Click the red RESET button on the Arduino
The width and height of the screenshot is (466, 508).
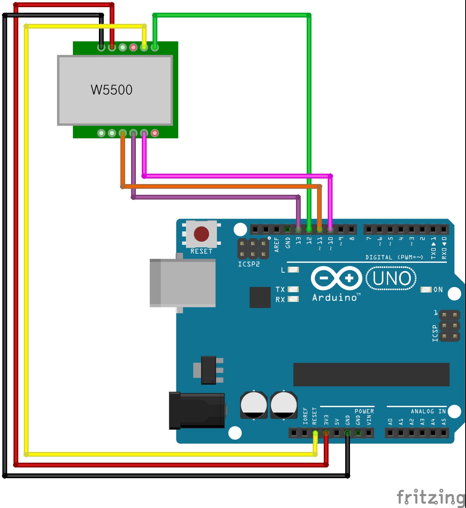coord(201,234)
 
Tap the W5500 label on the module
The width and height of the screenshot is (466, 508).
coord(112,90)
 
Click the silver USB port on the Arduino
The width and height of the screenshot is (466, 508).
coord(183,283)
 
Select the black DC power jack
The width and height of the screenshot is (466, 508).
coord(197,410)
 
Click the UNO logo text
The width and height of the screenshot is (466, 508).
coord(392,278)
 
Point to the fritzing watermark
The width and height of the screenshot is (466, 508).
coord(431,497)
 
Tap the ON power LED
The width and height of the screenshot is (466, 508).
coord(426,289)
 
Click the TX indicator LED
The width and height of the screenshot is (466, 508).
coord(293,289)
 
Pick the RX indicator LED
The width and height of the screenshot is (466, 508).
coord(293,299)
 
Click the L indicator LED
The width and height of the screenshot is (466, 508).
coord(293,270)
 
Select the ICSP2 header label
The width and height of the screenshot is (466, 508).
coord(249,264)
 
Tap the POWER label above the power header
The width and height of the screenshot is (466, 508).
coord(364,411)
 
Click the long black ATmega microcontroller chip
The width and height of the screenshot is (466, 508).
coord(371,374)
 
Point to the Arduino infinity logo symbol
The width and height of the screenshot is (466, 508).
coord(336,278)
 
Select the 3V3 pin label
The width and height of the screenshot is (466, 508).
coord(326,420)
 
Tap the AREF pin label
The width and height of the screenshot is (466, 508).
coord(277,244)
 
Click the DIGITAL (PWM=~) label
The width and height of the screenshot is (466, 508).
coord(394,258)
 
